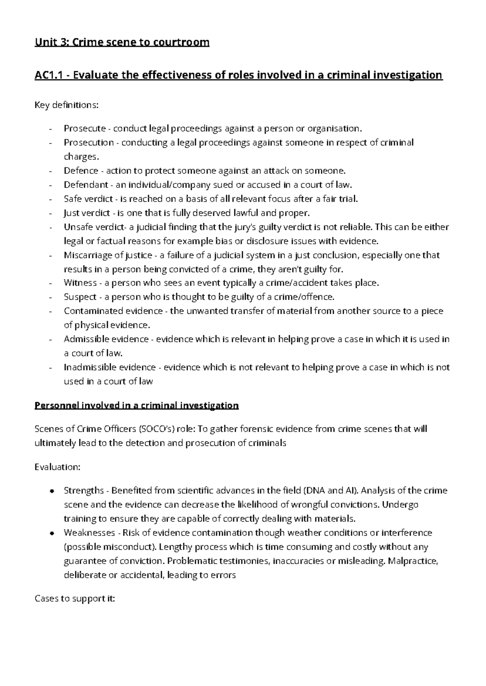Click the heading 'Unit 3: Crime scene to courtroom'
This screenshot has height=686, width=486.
tap(122, 42)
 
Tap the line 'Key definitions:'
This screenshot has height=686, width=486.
tap(66, 105)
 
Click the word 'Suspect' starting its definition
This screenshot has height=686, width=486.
tap(80, 297)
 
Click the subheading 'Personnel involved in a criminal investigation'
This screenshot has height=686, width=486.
tap(136, 405)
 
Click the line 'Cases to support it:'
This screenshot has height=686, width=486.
tap(75, 599)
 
